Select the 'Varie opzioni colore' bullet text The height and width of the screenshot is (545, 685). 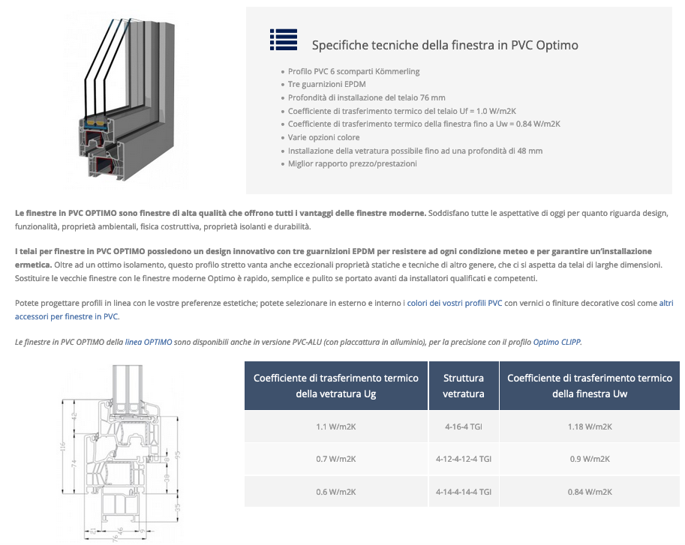pyautogui.click(x=323, y=137)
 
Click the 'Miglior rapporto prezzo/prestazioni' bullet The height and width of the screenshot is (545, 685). pyautogui.click(x=352, y=163)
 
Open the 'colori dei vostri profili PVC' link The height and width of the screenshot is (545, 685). pyautogui.click(x=454, y=303)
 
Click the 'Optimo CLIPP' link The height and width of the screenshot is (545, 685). pyautogui.click(x=557, y=342)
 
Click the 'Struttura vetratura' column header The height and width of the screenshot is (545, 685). pyautogui.click(x=463, y=385)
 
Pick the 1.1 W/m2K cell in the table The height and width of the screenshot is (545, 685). pyautogui.click(x=335, y=427)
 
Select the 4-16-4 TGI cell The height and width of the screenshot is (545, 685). pyautogui.click(x=463, y=427)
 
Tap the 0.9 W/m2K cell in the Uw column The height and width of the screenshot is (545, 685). pyautogui.click(x=590, y=459)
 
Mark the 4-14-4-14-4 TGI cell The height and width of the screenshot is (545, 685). pyautogui.click(x=463, y=492)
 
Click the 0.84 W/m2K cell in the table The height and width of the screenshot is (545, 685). pyautogui.click(x=590, y=492)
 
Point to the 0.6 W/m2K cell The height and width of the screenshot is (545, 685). pyautogui.click(x=335, y=492)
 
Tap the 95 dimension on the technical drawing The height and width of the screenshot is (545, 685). pyautogui.click(x=177, y=454)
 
